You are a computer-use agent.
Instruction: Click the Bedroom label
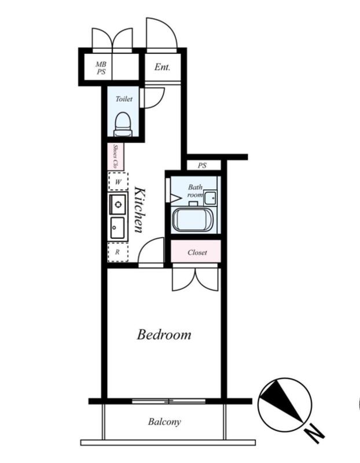[x=164, y=335]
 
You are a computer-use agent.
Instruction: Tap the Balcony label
[x=164, y=422]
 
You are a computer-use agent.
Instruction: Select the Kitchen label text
[x=139, y=210]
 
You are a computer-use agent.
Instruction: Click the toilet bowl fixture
[x=124, y=124]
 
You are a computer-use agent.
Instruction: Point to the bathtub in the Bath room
[x=193, y=220]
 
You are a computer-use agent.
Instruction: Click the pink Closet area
[x=196, y=251]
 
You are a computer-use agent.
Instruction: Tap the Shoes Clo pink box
[x=116, y=156]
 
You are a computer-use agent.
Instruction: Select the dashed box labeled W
[x=118, y=182]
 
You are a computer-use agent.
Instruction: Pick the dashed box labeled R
[x=118, y=252]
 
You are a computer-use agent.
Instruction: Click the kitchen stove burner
[x=118, y=204]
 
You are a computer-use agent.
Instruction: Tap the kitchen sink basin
[x=117, y=228]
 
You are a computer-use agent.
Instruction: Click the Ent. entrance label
[x=162, y=67]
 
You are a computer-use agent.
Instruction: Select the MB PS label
[x=101, y=68]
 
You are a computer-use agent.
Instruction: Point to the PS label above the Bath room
[x=203, y=166]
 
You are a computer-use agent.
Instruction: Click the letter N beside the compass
[x=314, y=433]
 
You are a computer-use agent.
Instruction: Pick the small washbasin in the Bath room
[x=210, y=197]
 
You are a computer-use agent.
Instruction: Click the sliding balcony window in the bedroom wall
[x=168, y=401]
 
